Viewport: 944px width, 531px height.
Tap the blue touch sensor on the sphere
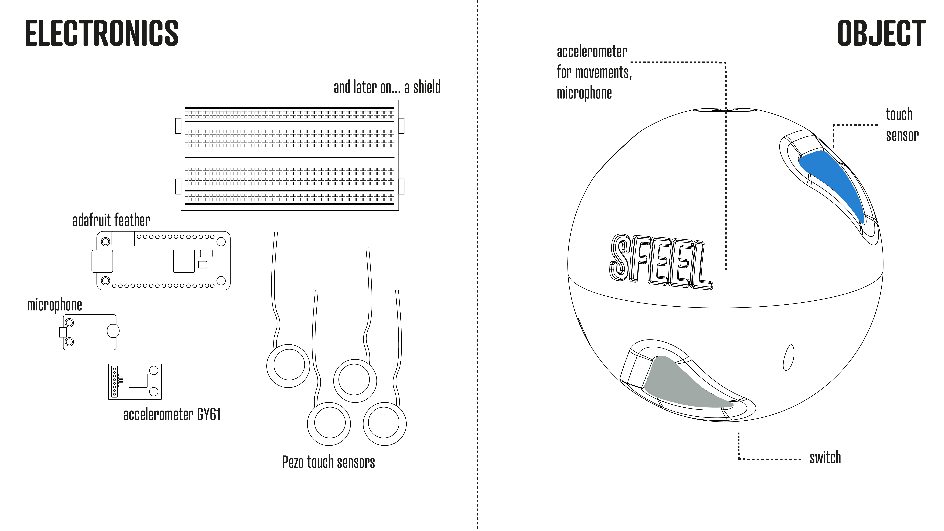click(836, 180)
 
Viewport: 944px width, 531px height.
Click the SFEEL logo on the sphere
click(660, 262)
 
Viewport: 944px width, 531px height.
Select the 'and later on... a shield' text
click(387, 87)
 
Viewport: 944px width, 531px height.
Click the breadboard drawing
click(290, 155)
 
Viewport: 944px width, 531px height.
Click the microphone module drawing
click(90, 332)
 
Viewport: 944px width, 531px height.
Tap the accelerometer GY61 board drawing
click(135, 381)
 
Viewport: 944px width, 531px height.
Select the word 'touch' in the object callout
click(899, 114)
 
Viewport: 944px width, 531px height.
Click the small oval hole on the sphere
click(788, 357)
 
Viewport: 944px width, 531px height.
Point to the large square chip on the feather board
click(184, 261)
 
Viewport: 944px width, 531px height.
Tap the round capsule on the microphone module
click(113, 331)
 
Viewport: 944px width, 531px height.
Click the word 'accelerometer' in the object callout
click(592, 52)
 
